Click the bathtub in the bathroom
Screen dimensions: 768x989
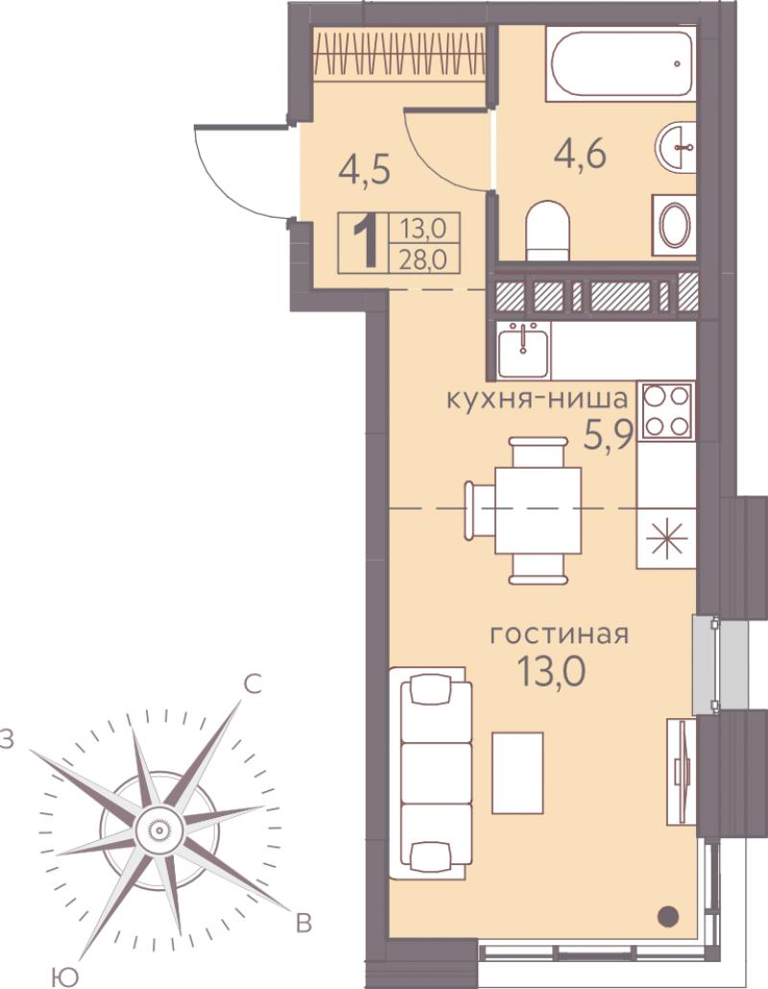click(621, 63)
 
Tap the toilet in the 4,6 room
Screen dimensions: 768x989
click(547, 230)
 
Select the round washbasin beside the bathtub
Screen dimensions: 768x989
click(676, 146)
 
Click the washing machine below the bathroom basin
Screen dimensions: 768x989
click(674, 226)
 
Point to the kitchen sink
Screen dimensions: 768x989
click(522, 350)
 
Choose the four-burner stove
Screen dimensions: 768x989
click(666, 411)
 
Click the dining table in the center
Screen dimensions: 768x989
click(538, 510)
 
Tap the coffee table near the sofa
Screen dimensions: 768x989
click(517, 773)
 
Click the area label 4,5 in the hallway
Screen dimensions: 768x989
click(365, 170)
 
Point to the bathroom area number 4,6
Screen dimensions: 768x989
click(580, 154)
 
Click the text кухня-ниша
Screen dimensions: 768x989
click(537, 399)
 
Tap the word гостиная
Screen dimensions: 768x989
click(560, 635)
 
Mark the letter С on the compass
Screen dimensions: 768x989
click(252, 685)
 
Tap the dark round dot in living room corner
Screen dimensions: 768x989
click(668, 915)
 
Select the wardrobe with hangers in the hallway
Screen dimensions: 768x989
click(399, 54)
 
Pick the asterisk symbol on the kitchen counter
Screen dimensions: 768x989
click(666, 540)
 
